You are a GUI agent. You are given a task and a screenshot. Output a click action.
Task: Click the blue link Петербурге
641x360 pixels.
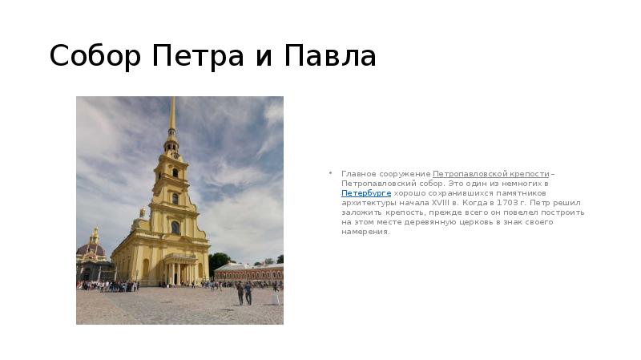(x=366, y=193)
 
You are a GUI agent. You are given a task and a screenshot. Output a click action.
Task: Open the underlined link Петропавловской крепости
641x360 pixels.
(x=491, y=174)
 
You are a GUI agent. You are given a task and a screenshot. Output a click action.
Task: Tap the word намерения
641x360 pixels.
(x=365, y=232)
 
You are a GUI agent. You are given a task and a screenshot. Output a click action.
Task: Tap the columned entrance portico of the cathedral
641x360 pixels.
(x=181, y=269)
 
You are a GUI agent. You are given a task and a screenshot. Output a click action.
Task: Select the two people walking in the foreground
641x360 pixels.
(x=244, y=292)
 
